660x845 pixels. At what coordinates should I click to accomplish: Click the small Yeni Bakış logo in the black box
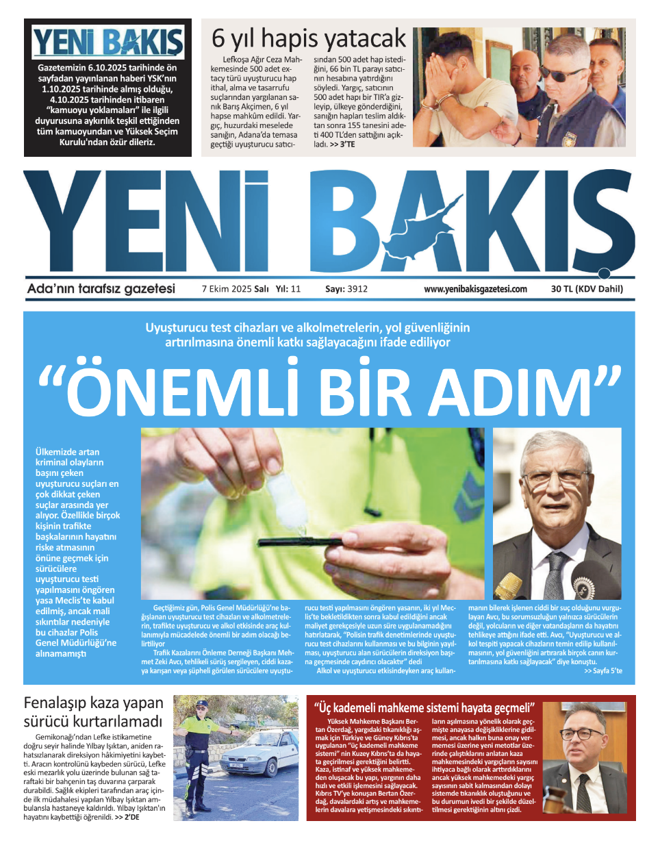pyautogui.click(x=107, y=42)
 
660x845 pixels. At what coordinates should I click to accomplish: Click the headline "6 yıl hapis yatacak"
pyautogui.click(x=308, y=38)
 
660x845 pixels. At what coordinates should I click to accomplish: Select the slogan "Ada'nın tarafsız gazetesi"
pyautogui.click(x=101, y=288)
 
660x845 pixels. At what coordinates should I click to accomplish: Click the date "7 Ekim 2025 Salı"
pyautogui.click(x=235, y=289)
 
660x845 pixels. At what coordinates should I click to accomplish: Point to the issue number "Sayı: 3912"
pyautogui.click(x=346, y=289)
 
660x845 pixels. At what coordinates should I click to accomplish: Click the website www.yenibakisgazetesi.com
pyautogui.click(x=475, y=289)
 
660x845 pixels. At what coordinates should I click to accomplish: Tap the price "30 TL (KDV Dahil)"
pyautogui.click(x=587, y=289)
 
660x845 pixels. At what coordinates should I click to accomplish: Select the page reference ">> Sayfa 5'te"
pyautogui.click(x=602, y=671)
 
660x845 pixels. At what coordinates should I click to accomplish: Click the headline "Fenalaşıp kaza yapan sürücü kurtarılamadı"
pyautogui.click(x=94, y=712)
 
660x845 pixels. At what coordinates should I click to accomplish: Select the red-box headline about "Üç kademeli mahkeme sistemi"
pyautogui.click(x=424, y=708)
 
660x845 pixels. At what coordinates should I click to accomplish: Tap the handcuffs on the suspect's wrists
pyautogui.click(x=438, y=103)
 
